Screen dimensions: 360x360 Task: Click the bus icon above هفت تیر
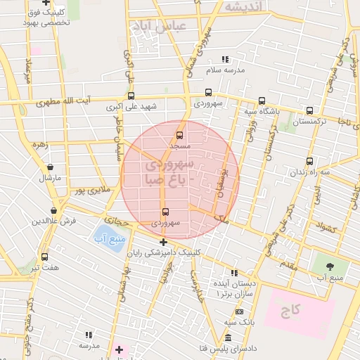pyautogui.click(x=45, y=257)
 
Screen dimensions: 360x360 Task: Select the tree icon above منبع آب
pyautogui.click(x=330, y=266)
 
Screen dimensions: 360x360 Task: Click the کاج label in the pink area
pyautogui.click(x=292, y=310)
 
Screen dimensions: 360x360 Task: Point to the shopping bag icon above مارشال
pyautogui.click(x=50, y=167)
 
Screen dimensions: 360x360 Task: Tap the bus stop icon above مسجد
pyautogui.click(x=179, y=134)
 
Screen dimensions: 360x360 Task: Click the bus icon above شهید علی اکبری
pyautogui.click(x=131, y=96)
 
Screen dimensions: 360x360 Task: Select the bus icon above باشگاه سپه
pyautogui.click(x=262, y=100)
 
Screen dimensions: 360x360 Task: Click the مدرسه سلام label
pyautogui.click(x=225, y=70)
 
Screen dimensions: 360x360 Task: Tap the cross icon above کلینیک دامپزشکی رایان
pyautogui.click(x=163, y=243)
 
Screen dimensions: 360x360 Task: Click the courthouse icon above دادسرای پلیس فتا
pyautogui.click(x=228, y=339)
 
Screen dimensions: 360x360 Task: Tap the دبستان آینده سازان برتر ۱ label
pyautogui.click(x=236, y=288)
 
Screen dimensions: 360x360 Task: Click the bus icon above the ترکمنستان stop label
pyautogui.click(x=310, y=110)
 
